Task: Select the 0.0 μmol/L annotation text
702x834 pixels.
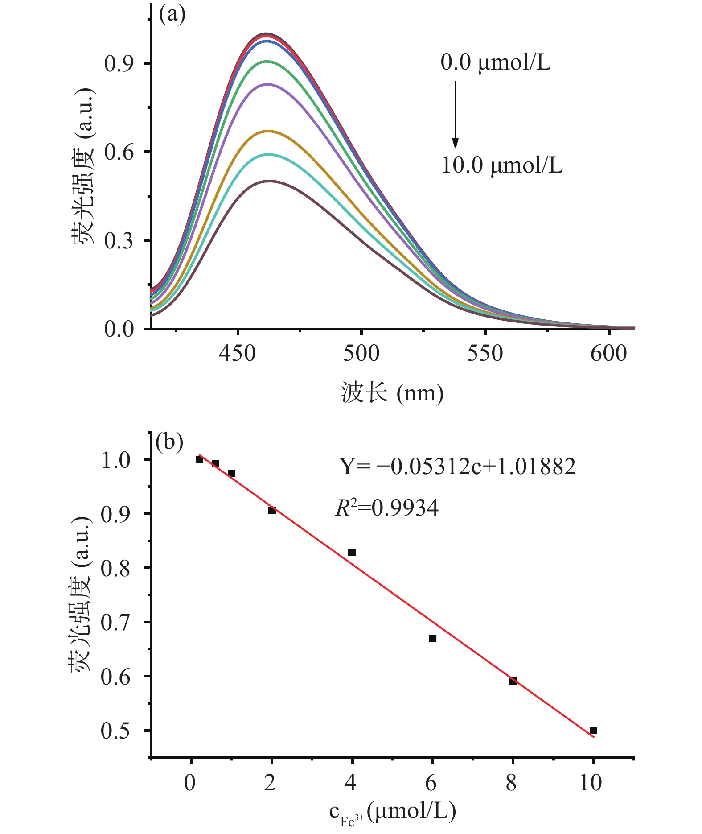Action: [x=495, y=62]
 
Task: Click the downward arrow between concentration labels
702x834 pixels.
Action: [x=455, y=114]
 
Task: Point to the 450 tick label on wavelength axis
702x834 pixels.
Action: [x=238, y=354]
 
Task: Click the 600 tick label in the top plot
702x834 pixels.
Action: [x=608, y=354]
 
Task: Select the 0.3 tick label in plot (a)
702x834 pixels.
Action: [x=119, y=241]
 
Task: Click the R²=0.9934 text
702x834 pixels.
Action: [x=386, y=508]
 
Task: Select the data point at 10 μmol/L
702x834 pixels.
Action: [x=593, y=730]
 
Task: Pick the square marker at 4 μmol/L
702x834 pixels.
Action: [x=352, y=553]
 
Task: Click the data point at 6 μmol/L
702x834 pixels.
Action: [x=432, y=638]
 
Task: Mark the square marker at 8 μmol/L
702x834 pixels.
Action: [x=513, y=681]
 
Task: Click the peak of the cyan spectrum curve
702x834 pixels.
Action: [x=269, y=154]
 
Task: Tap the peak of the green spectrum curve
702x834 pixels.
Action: [x=267, y=61]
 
